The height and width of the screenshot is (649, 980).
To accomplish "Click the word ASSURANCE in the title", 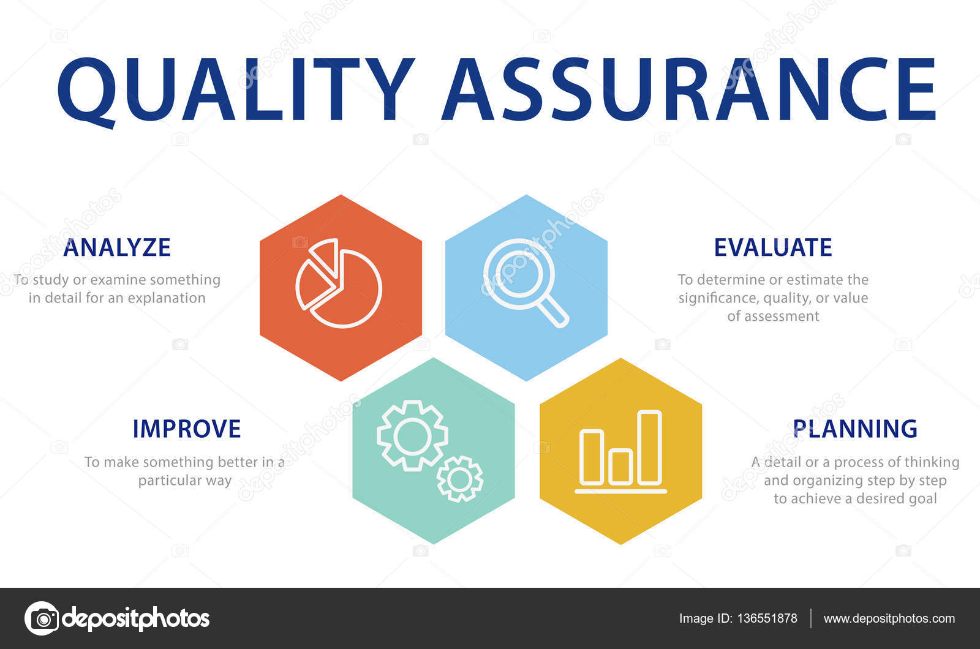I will [x=688, y=89].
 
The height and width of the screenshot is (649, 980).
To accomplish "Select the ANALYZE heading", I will [x=117, y=247].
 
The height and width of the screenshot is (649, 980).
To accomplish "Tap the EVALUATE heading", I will [x=773, y=247].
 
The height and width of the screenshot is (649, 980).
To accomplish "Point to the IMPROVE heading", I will [x=187, y=429].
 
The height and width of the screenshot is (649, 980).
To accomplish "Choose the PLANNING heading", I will [x=855, y=429].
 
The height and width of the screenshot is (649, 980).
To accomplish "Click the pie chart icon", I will [x=339, y=283].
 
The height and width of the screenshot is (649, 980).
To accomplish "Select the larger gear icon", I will [x=412, y=435].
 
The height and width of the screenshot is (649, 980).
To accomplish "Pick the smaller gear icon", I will [x=459, y=479].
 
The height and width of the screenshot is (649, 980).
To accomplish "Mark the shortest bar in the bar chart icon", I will [x=620, y=467].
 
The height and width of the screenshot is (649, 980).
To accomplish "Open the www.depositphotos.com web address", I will [x=889, y=618].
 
